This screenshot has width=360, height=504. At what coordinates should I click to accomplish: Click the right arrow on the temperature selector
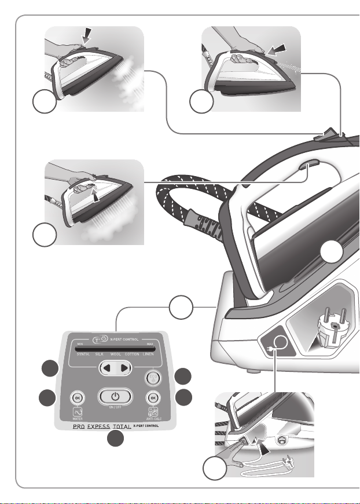(123, 368)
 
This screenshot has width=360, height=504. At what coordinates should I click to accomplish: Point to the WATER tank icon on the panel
(78, 412)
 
